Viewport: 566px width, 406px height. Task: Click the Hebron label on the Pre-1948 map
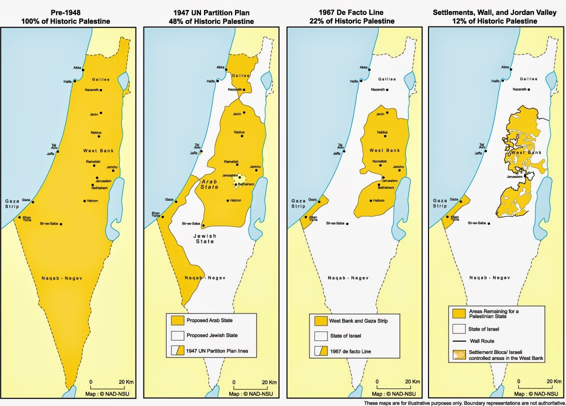(x=91, y=200)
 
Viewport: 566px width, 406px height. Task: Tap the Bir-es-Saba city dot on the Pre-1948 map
(x=61, y=224)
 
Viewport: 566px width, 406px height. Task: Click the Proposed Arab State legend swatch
(x=177, y=320)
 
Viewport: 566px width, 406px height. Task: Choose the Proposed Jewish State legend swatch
(x=177, y=335)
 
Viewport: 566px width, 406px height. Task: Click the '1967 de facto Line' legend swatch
(x=320, y=351)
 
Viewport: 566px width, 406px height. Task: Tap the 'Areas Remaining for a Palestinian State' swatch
(x=459, y=313)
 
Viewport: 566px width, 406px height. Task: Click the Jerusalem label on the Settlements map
(x=514, y=177)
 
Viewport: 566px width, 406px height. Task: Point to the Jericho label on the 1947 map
(x=255, y=166)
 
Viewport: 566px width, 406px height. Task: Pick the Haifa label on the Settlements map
(x=495, y=81)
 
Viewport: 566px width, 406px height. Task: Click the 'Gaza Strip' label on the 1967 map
(x=298, y=203)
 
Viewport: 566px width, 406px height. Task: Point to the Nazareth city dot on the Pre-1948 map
(x=101, y=90)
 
